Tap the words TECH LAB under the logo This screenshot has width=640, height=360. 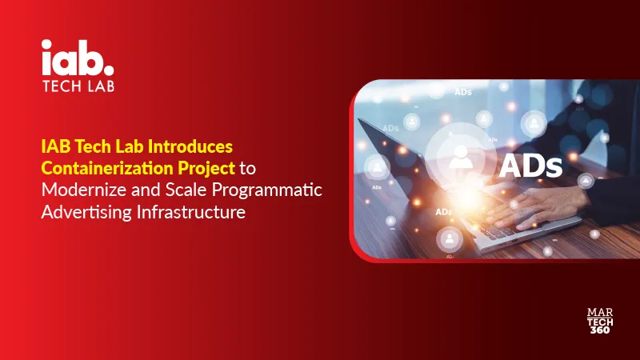click(78, 86)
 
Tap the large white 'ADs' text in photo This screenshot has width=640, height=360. click(531, 166)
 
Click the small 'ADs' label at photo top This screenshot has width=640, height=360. click(462, 93)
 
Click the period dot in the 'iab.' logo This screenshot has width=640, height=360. click(109, 66)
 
